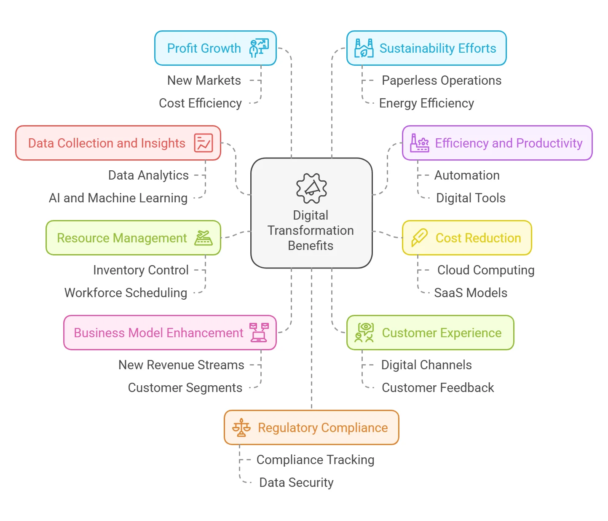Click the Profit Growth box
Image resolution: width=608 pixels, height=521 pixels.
[215, 48]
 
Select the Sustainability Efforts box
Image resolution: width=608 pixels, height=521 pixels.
[426, 48]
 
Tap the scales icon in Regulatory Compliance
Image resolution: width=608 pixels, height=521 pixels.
[241, 427]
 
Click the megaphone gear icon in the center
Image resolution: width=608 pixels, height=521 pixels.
[311, 188]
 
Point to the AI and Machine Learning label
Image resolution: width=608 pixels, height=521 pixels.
[118, 198]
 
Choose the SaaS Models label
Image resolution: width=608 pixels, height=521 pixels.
[471, 293]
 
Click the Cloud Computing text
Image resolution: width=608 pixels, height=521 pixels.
[486, 270]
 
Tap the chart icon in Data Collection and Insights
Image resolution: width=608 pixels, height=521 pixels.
[203, 143]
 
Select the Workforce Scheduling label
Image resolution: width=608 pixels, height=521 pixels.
[126, 293]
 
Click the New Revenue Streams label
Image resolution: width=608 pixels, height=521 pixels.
[181, 365]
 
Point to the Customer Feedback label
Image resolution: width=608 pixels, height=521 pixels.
[438, 387]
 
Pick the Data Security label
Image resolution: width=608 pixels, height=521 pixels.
[296, 483]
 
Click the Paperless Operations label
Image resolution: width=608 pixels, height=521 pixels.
[442, 81]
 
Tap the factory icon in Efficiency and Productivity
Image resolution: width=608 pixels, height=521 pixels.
[420, 143]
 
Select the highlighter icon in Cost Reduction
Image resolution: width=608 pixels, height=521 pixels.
[420, 238]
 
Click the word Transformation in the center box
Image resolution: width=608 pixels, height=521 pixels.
[311, 230]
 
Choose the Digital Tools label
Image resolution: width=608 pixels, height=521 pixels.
[471, 198]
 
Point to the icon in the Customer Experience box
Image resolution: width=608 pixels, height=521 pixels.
[364, 333]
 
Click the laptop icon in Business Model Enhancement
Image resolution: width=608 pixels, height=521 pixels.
[259, 333]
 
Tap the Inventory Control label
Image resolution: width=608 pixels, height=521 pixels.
[141, 270]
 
